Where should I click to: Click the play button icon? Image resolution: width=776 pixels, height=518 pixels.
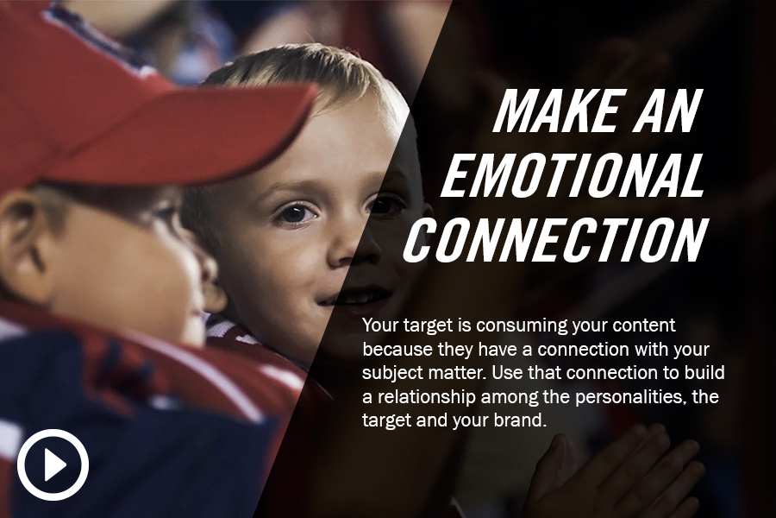coord(53,464)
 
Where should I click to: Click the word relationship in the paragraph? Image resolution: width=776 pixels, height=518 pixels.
coord(424,397)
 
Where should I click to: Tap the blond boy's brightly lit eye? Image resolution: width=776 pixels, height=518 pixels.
coord(296,213)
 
